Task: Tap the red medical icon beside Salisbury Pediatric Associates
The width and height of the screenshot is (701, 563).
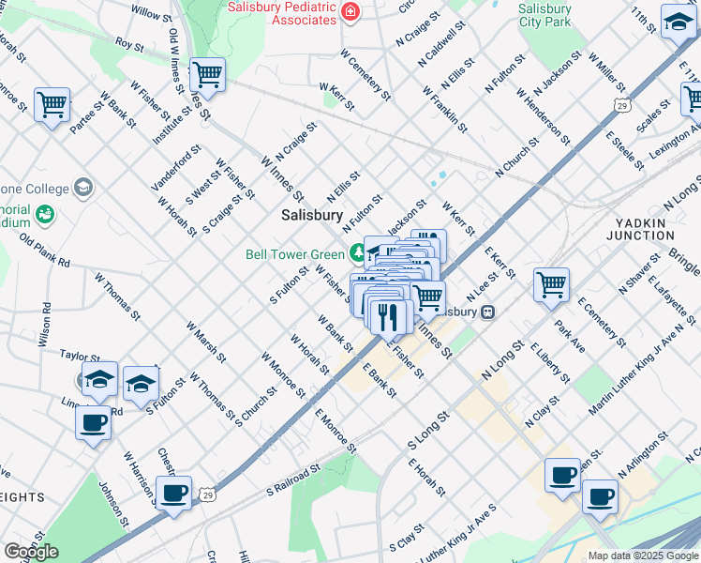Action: coord(350,12)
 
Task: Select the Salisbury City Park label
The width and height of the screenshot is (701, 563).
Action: coord(544,14)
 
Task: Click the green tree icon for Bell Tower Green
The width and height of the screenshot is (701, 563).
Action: coord(357,252)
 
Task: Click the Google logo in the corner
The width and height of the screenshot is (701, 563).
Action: coord(31,552)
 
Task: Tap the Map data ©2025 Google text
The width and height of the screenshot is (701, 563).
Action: coord(643,555)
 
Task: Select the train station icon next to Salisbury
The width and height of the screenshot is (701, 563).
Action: coord(487,312)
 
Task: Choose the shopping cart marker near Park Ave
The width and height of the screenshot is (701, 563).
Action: coord(551,283)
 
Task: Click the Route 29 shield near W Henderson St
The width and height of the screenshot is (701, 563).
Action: coord(620,106)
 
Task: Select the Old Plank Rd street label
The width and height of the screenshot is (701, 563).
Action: coord(45,251)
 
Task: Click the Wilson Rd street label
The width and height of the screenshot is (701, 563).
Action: coord(44,321)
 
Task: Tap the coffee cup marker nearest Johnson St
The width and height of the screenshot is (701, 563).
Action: coord(173,493)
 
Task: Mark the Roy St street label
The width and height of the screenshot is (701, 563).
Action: coord(129,44)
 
